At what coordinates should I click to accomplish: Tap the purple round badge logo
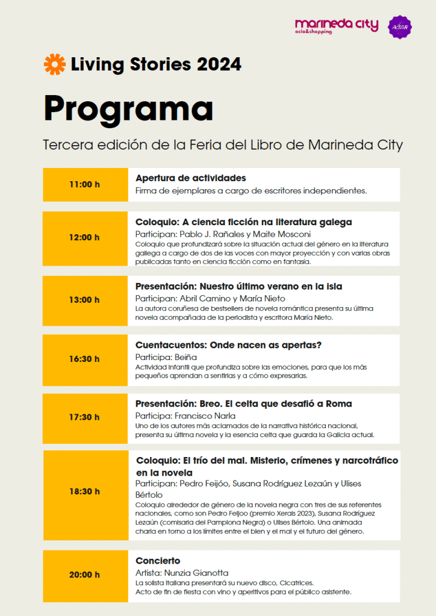tap(400, 27)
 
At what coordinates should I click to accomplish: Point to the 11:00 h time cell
tap(85, 184)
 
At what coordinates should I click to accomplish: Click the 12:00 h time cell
tap(85, 237)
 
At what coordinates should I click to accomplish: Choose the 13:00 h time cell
tap(85, 300)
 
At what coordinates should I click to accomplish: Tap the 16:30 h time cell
tap(85, 359)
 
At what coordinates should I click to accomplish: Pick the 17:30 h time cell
tap(85, 417)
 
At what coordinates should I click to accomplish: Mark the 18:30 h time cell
tap(85, 491)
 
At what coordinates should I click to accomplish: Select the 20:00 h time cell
tap(85, 575)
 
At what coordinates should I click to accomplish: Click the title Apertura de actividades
tap(191, 178)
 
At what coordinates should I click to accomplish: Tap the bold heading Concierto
tap(158, 561)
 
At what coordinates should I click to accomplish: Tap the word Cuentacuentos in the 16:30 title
tap(171, 345)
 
